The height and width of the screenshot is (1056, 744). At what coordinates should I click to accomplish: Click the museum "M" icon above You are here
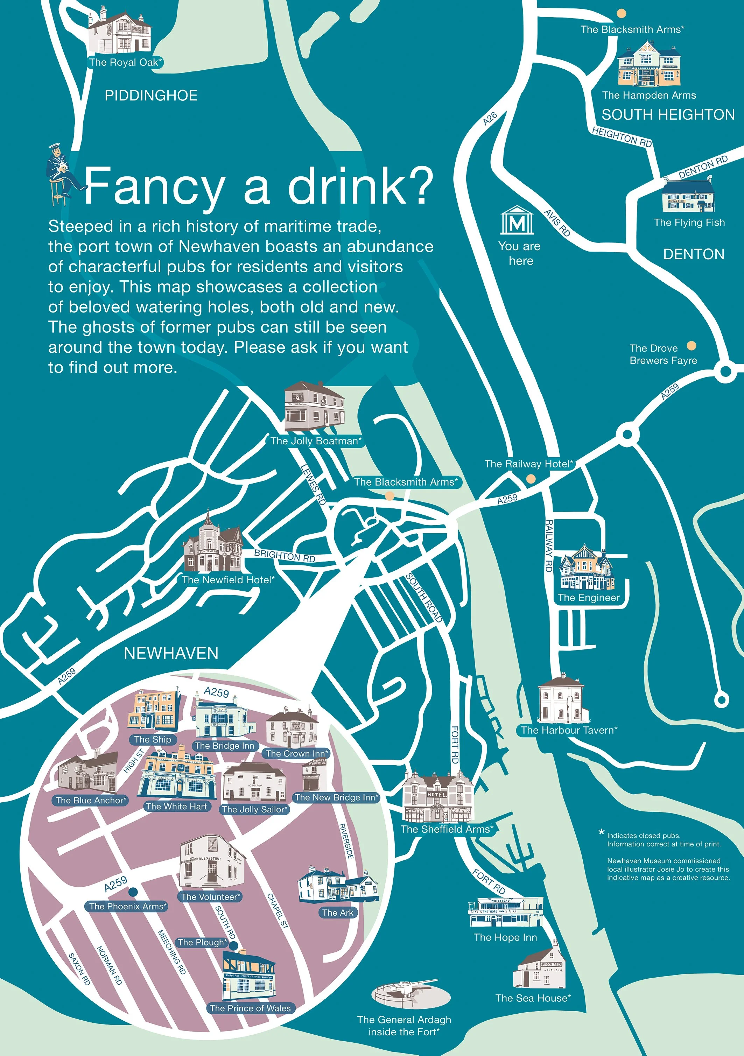(x=517, y=221)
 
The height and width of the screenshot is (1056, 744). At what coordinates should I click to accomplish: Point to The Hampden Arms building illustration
(x=649, y=64)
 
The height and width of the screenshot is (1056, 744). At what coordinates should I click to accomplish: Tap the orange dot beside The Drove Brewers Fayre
(x=691, y=346)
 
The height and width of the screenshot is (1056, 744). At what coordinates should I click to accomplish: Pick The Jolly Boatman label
(x=316, y=441)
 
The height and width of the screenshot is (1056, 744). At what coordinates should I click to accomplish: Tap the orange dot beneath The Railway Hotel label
(x=531, y=479)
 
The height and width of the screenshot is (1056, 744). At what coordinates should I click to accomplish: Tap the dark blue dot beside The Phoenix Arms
(x=133, y=892)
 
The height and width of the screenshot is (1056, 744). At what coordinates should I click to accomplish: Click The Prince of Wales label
(x=250, y=1008)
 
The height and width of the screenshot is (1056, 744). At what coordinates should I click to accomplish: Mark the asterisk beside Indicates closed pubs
(x=601, y=832)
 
